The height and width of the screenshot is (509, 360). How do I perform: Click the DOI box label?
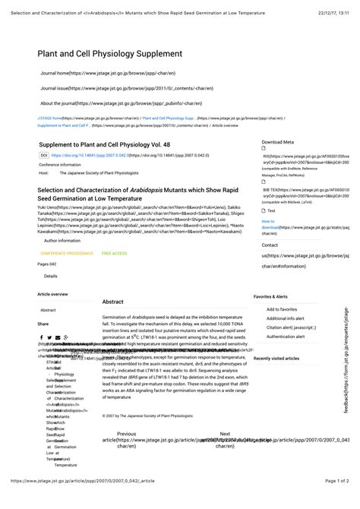click(44, 155)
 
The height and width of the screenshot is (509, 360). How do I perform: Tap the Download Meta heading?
click(277, 142)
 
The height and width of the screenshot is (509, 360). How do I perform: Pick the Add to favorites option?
click(282, 309)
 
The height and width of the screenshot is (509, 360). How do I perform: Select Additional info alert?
click(285, 318)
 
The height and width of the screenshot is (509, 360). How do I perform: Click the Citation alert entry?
click(290, 327)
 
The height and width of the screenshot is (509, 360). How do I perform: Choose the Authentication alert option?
click(286, 337)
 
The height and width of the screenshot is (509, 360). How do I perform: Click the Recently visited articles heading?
click(276, 358)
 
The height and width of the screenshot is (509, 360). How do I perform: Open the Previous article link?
click(126, 435)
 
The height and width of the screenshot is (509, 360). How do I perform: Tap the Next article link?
click(225, 435)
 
